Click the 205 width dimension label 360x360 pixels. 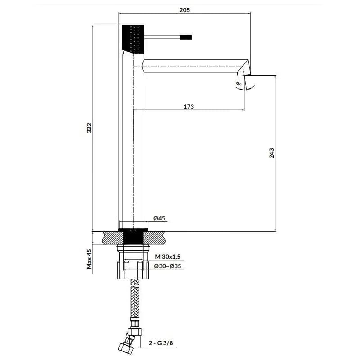tap(184, 10)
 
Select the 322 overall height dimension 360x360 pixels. tap(89, 128)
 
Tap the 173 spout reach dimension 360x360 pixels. tap(189, 107)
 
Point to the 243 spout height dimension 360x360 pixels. tap(271, 153)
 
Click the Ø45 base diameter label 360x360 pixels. tap(159, 218)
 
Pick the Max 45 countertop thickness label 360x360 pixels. tap(89, 259)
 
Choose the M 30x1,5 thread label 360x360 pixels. tap(167, 256)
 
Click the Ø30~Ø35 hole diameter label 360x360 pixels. tap(167, 266)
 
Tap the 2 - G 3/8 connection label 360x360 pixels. tap(161, 343)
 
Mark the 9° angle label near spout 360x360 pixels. tap(238, 84)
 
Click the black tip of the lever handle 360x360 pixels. tap(185, 37)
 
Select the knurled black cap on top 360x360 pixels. tap(133, 39)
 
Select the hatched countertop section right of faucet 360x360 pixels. tap(154, 238)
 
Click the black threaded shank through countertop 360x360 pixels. tap(133, 237)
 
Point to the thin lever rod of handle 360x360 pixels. tap(162, 37)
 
